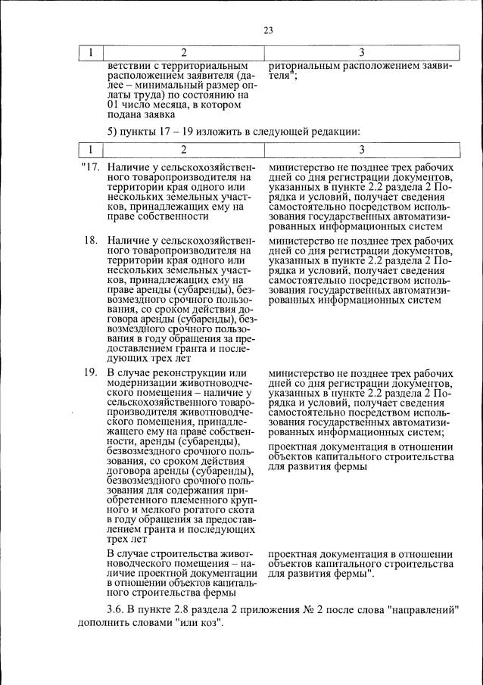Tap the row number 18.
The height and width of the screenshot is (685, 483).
(91, 241)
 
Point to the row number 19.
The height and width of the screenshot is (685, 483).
(91, 373)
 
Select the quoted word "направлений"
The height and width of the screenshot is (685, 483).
(424, 611)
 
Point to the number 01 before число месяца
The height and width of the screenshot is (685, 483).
(115, 106)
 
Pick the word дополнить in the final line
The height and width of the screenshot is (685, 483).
(106, 626)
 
